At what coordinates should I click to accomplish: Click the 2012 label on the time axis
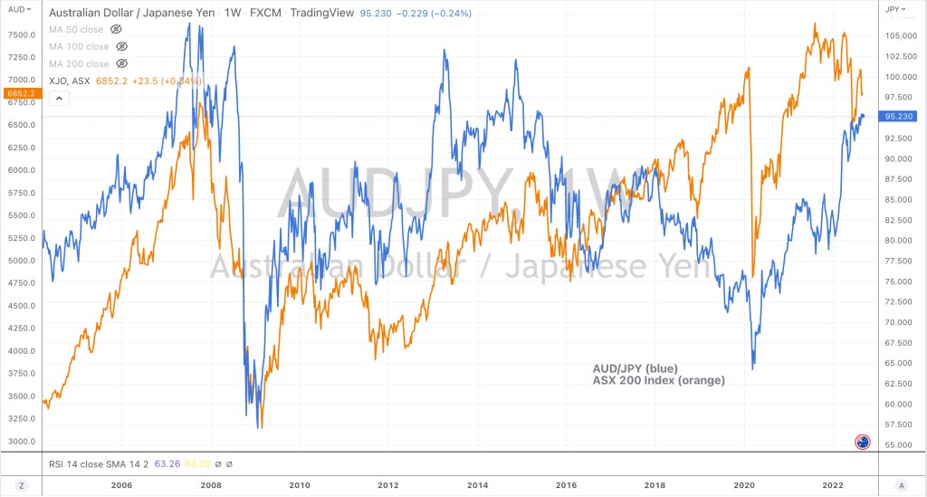tap(387, 485)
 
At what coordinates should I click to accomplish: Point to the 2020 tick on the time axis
tap(743, 485)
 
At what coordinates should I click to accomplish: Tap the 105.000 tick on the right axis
tap(901, 35)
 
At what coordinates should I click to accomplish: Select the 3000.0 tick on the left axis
tap(22, 442)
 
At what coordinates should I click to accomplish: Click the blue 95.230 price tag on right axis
tap(900, 116)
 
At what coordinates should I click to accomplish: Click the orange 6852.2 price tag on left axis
tap(20, 93)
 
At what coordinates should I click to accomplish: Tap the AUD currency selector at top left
tap(16, 9)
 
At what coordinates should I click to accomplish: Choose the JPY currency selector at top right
tap(896, 9)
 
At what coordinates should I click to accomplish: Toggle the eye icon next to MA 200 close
tap(122, 63)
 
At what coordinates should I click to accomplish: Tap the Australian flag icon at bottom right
tap(862, 442)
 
